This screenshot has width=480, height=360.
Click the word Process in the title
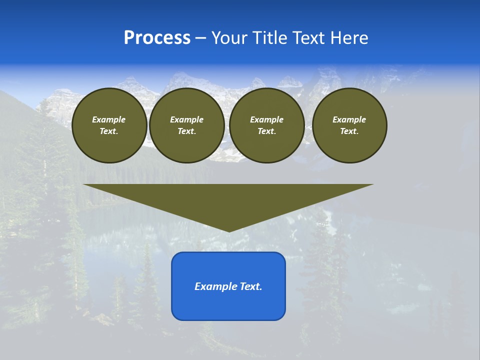tap(157, 38)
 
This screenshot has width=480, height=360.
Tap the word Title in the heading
tap(269, 38)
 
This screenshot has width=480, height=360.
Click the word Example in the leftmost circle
tap(109, 119)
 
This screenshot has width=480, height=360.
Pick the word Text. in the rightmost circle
tap(349, 131)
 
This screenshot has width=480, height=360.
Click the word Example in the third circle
tap(267, 119)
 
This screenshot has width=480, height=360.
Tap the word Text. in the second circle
tap(187, 131)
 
